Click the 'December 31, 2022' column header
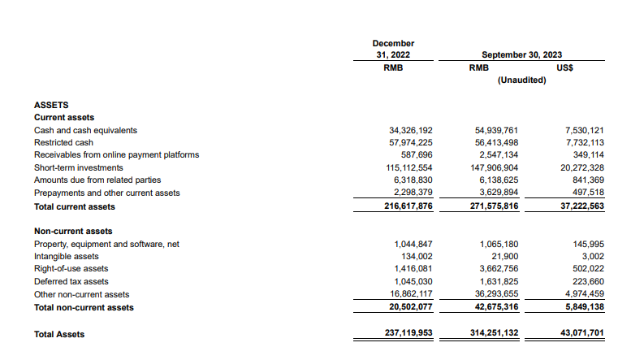pyautogui.click(x=393, y=49)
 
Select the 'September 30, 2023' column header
pyautogui.click(x=521, y=54)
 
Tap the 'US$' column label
pyautogui.click(x=565, y=68)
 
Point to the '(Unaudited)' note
pyautogui.click(x=521, y=81)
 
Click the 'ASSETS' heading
pyautogui.click(x=51, y=105)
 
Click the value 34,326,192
pyautogui.click(x=412, y=130)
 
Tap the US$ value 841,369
pyautogui.click(x=585, y=180)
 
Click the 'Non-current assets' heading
pyautogui.click(x=73, y=232)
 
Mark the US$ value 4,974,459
pyautogui.click(x=581, y=294)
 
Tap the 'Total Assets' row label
pyautogui.click(x=59, y=334)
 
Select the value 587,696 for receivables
pyautogui.click(x=417, y=155)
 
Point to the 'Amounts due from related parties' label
pyautogui.click(x=97, y=180)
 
